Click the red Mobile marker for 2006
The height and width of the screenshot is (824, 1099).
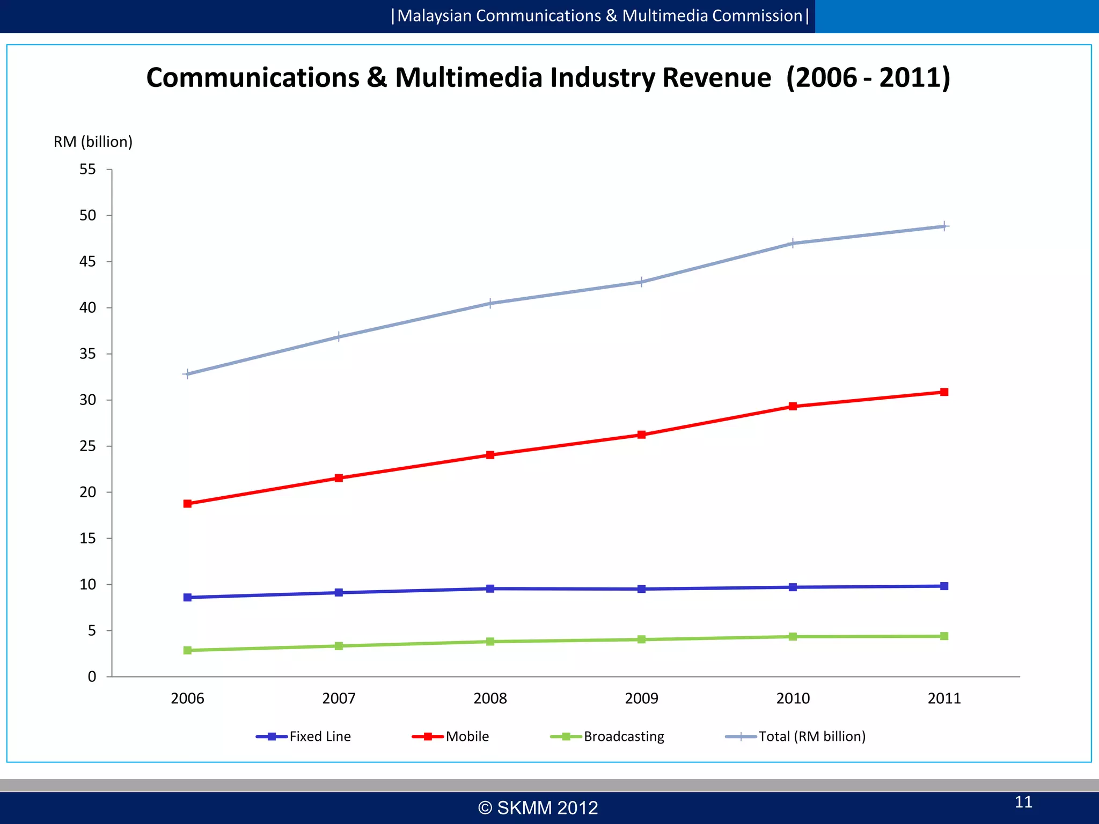pyautogui.click(x=187, y=504)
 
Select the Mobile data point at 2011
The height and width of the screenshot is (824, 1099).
pyautogui.click(x=944, y=392)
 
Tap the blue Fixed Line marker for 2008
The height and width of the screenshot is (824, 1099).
pyautogui.click(x=490, y=588)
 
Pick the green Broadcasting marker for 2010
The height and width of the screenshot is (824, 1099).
pyautogui.click(x=793, y=637)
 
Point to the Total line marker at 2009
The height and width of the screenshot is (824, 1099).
pyautogui.click(x=641, y=282)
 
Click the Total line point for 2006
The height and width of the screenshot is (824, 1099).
pyautogui.click(x=187, y=374)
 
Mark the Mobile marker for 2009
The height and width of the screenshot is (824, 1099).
pyautogui.click(x=641, y=435)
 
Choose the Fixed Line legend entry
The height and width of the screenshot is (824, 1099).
pyautogui.click(x=304, y=737)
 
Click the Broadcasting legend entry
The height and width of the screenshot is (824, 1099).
pyautogui.click(x=607, y=737)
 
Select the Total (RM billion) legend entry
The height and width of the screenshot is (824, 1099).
pyautogui.click(x=795, y=737)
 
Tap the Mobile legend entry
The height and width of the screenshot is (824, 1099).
pyautogui.click(x=451, y=737)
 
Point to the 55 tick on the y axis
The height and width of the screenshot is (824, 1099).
pyautogui.click(x=87, y=170)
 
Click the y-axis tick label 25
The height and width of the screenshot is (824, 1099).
pyautogui.click(x=87, y=446)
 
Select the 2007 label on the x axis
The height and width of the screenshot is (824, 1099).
pyautogui.click(x=339, y=698)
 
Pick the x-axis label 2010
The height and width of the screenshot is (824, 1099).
pyautogui.click(x=793, y=698)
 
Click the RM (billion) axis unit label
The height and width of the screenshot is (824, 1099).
pyautogui.click(x=93, y=142)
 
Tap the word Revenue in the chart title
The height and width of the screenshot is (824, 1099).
pyautogui.click(x=716, y=78)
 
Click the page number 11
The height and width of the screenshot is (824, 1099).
pyautogui.click(x=1023, y=802)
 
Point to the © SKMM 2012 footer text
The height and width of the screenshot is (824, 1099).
pyautogui.click(x=538, y=808)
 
